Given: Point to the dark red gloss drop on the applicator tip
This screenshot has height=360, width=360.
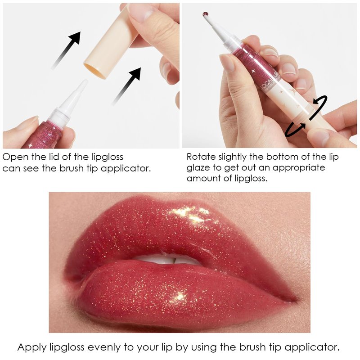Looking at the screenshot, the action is tap(206, 15).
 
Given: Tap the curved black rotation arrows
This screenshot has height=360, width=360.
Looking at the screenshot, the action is tap(306, 117).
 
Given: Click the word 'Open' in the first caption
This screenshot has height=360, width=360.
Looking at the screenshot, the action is tap(16, 157).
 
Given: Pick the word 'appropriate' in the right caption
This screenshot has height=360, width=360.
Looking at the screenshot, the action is tap(298, 168).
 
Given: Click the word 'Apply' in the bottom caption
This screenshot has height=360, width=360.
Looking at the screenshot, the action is tap(32, 347).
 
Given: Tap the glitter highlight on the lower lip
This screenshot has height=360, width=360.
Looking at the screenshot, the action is tap(177, 297).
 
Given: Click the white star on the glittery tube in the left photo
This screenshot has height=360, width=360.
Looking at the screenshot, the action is tap(30, 145).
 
